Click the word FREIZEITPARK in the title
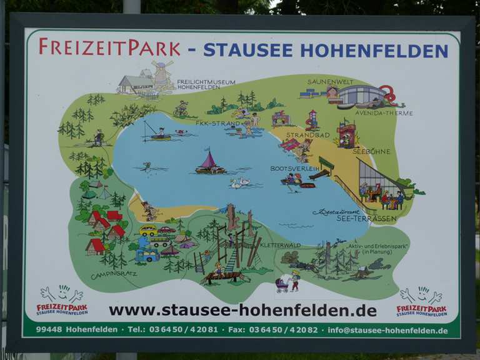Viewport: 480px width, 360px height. coord(109,47)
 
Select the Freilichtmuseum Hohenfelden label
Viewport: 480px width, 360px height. coord(206,84)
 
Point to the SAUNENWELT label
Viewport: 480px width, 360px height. coord(330,82)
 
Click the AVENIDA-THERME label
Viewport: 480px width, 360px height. coord(383,113)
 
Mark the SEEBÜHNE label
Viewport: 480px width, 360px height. coord(371,151)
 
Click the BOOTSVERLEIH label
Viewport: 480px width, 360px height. coord(294,169)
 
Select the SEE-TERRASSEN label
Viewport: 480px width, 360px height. coord(375,219)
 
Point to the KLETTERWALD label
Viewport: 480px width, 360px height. coord(279,245)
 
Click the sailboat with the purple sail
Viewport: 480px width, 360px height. coord(210,163)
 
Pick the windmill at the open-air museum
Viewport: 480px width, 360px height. coord(162,74)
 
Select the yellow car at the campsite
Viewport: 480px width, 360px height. coord(148,231)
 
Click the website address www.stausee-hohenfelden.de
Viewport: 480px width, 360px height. coord(242,310)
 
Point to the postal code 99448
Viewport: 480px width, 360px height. coord(48,329)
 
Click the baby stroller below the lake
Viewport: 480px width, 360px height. coord(282,284)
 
